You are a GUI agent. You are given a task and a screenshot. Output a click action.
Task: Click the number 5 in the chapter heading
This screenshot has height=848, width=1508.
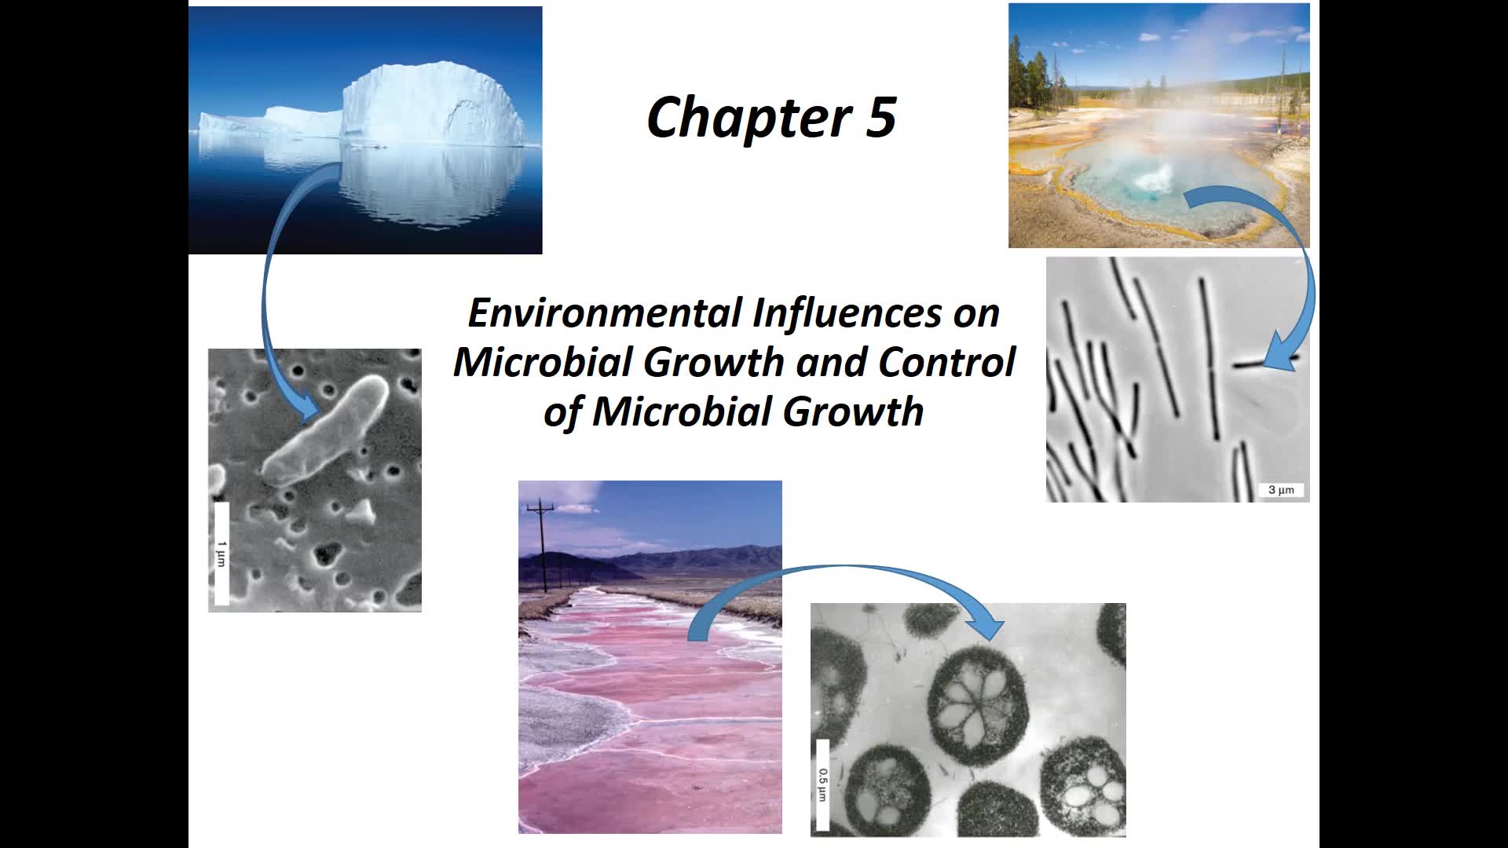(881, 117)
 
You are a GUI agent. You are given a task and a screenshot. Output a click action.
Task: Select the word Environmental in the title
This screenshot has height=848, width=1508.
(605, 313)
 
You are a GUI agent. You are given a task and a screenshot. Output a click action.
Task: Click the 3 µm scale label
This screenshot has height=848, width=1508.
(1281, 490)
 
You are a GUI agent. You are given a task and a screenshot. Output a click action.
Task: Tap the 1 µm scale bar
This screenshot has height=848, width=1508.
(221, 554)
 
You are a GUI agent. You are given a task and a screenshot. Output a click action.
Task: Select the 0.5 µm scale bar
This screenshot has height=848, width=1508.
(823, 784)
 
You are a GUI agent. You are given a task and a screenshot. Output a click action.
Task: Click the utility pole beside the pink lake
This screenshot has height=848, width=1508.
(542, 546)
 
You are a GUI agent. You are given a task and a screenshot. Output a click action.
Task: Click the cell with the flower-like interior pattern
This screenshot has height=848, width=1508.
(976, 704)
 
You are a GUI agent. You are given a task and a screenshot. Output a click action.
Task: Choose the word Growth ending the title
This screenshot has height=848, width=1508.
(853, 411)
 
